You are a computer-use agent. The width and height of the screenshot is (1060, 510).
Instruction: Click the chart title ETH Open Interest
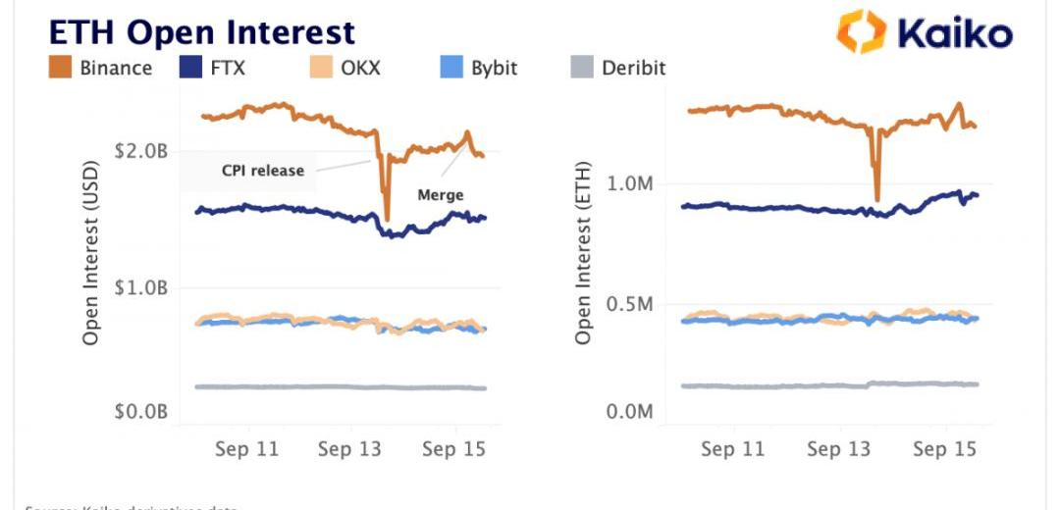pyautogui.click(x=201, y=31)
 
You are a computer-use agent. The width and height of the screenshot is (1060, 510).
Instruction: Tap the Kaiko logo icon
pyautogui.click(x=861, y=31)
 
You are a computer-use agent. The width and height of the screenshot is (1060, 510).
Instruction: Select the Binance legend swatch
pyautogui.click(x=62, y=68)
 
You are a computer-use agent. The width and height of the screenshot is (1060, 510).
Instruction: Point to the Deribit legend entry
pyautogui.click(x=617, y=68)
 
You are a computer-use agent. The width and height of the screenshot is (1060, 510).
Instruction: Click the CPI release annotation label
pyautogui.click(x=262, y=171)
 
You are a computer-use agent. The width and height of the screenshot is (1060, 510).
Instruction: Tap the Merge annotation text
pyautogui.click(x=440, y=194)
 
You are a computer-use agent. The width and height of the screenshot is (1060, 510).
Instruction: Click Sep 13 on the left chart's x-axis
pyautogui.click(x=348, y=449)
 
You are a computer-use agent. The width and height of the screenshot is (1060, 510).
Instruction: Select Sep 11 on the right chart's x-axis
pyautogui.click(x=733, y=449)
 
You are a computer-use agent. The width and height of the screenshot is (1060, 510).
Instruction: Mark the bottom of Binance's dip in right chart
pyautogui.click(x=876, y=199)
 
